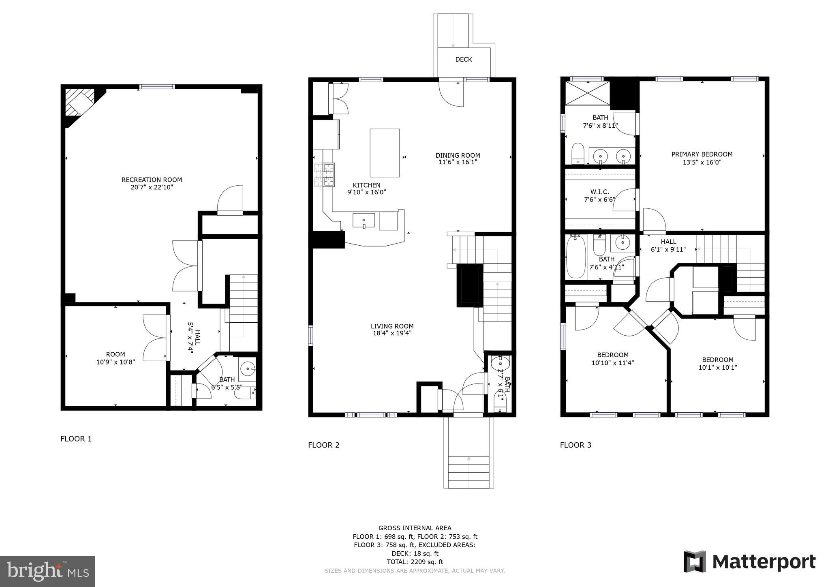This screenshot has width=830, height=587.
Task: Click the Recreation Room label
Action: (x=152, y=180)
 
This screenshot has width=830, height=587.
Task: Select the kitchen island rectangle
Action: (x=385, y=153)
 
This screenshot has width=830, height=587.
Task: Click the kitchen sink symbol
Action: (x=364, y=221)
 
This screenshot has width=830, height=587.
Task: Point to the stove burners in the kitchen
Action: (x=324, y=174)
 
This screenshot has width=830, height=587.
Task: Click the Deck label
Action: (x=463, y=60)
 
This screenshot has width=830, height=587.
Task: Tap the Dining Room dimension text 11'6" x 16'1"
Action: (x=458, y=162)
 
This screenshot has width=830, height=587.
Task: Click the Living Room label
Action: (x=392, y=326)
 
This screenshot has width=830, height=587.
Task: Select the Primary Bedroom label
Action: (x=702, y=154)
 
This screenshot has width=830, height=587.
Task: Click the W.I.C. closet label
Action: (x=599, y=192)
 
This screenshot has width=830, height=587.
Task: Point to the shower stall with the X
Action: (x=587, y=94)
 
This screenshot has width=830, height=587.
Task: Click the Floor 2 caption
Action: (x=323, y=445)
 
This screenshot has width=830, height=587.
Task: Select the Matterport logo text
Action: (x=764, y=562)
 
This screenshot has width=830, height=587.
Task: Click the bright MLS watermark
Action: (x=47, y=571)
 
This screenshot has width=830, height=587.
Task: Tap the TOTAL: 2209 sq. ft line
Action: (x=415, y=562)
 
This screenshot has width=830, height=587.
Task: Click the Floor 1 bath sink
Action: (x=247, y=369)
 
